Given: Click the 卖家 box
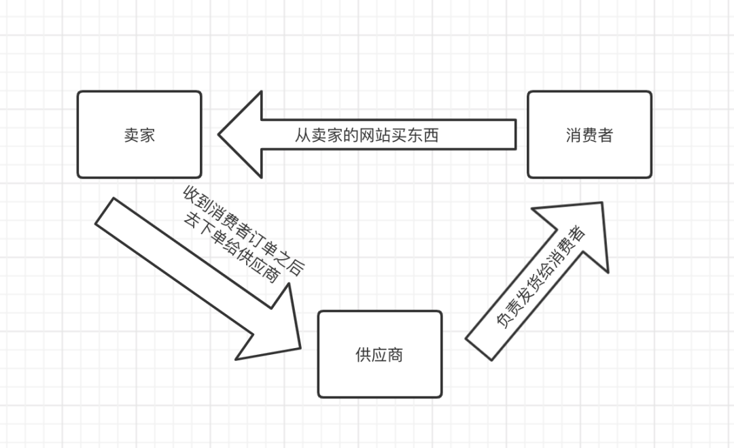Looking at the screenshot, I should (x=139, y=135).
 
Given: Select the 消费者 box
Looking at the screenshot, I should (x=589, y=135).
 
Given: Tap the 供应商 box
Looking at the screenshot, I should (x=379, y=354).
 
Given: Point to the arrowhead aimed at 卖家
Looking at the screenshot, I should (x=241, y=135).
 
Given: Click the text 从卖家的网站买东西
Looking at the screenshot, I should (x=366, y=135).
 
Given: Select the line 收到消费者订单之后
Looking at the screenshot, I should (x=244, y=230).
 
